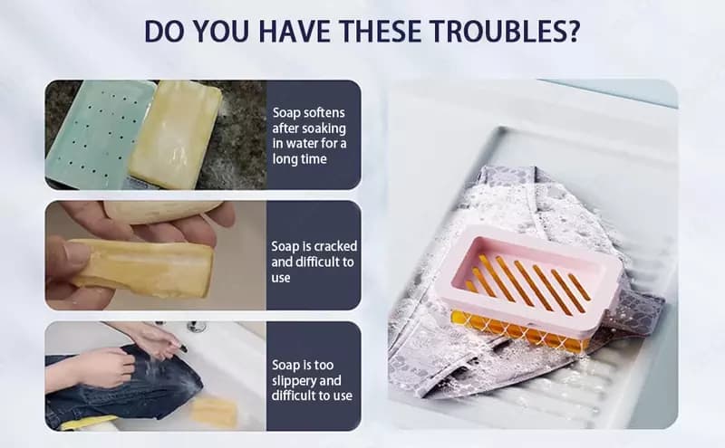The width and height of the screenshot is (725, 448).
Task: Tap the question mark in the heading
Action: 573,31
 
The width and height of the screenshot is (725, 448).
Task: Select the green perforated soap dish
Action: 100,134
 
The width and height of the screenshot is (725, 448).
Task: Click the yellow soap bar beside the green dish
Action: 175,134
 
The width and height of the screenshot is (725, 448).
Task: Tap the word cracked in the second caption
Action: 335,246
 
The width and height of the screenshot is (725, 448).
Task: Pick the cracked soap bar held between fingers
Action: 141,268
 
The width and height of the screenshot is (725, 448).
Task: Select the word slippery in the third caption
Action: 293,381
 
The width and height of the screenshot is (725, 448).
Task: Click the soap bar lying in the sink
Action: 214,411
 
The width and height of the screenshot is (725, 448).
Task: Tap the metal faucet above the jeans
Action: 197,326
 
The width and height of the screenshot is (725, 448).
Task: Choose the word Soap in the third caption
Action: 285,365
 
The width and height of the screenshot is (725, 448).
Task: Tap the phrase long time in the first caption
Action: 300,159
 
